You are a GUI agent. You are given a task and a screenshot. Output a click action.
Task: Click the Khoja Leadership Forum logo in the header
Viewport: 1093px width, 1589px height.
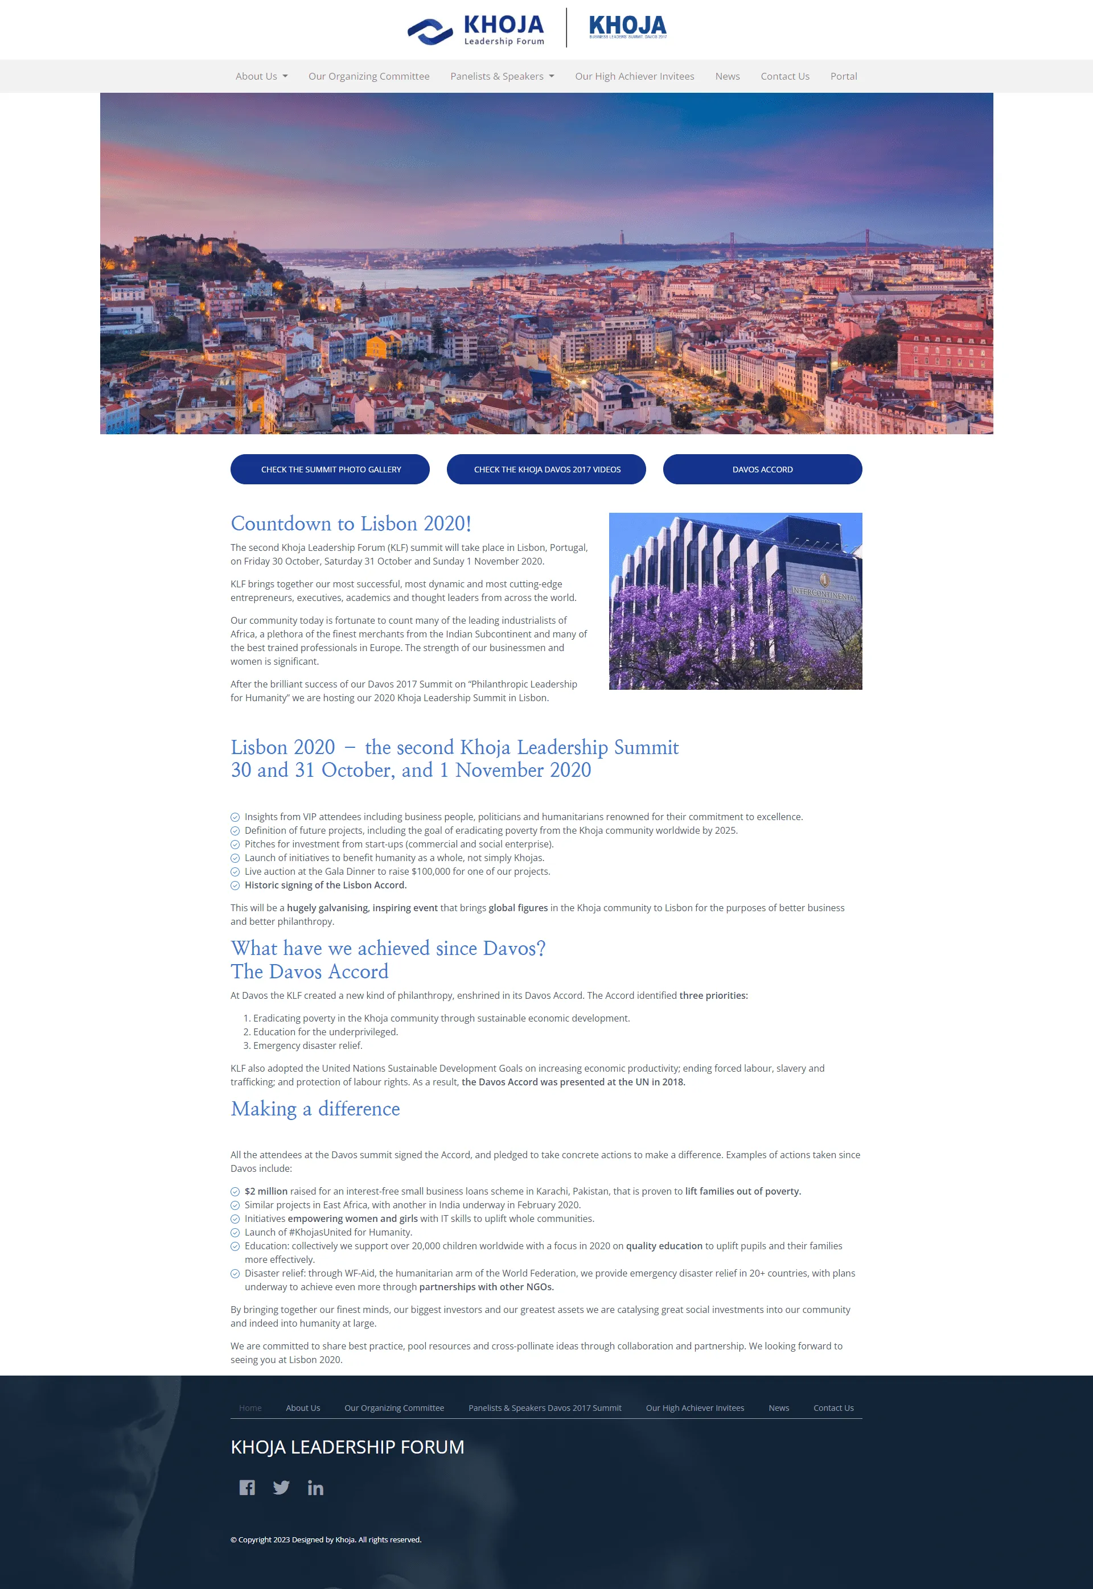pos(476,30)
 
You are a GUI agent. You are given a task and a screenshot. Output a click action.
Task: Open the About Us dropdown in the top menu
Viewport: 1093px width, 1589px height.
pos(261,76)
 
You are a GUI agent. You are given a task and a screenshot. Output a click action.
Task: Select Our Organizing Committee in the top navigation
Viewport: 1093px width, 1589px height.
pos(368,76)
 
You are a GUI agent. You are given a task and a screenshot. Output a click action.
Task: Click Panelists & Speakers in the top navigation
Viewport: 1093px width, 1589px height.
pos(502,76)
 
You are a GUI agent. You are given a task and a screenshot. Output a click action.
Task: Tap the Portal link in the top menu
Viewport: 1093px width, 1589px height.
pos(843,76)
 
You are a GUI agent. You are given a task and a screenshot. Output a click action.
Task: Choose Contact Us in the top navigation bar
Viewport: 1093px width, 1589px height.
pos(784,76)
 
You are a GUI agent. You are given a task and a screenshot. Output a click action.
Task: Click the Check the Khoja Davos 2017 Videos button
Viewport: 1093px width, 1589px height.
pos(546,470)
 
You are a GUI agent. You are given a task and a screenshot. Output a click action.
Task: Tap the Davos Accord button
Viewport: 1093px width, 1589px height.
pos(762,470)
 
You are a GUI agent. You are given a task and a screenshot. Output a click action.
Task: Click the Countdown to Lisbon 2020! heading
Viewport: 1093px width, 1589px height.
pos(351,524)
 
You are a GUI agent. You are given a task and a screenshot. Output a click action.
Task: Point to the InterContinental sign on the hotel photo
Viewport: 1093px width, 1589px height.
pos(824,592)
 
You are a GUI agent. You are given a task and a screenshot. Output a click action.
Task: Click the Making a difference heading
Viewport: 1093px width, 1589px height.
pos(315,1109)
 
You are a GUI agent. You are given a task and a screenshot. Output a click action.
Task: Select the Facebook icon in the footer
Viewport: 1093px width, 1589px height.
pos(246,1487)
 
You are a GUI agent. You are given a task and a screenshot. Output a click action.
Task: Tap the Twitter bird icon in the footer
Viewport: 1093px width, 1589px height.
pos(281,1487)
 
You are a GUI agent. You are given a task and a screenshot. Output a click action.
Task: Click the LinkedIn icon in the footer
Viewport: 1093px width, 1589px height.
pos(315,1487)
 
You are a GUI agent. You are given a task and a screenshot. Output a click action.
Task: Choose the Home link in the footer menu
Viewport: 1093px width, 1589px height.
pos(250,1407)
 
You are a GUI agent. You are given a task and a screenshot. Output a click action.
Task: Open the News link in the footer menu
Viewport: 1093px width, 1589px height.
pos(778,1407)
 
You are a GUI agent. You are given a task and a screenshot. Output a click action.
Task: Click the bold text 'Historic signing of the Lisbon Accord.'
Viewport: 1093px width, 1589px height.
pos(325,885)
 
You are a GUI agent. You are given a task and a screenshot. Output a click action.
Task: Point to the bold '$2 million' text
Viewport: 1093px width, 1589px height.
pos(266,1191)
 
